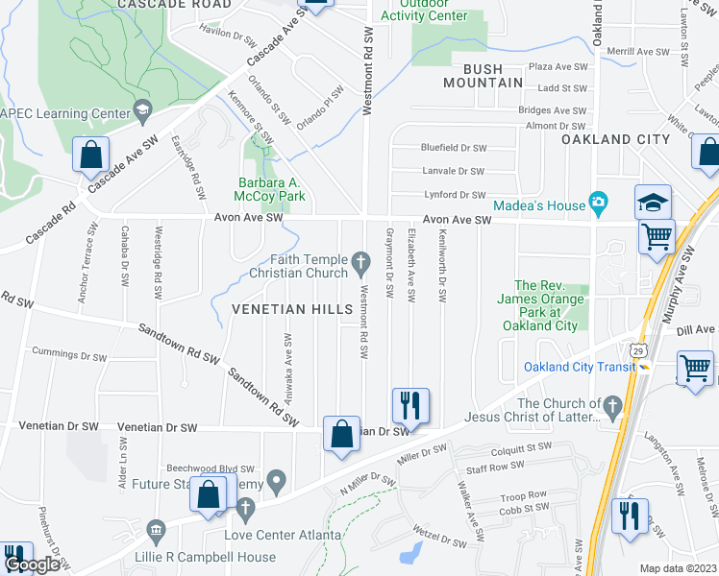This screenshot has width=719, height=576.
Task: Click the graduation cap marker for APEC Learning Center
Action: (x=143, y=112)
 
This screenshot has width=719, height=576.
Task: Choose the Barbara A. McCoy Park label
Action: (x=272, y=189)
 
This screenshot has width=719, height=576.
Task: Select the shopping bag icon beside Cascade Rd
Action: (x=91, y=156)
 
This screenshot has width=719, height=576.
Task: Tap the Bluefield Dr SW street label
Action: (x=454, y=148)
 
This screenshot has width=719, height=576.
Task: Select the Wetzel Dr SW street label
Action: (x=438, y=541)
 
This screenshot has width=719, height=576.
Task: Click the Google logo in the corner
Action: (x=32, y=564)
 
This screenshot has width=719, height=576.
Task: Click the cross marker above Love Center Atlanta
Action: (x=244, y=508)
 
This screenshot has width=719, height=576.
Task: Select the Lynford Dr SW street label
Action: (x=454, y=195)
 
